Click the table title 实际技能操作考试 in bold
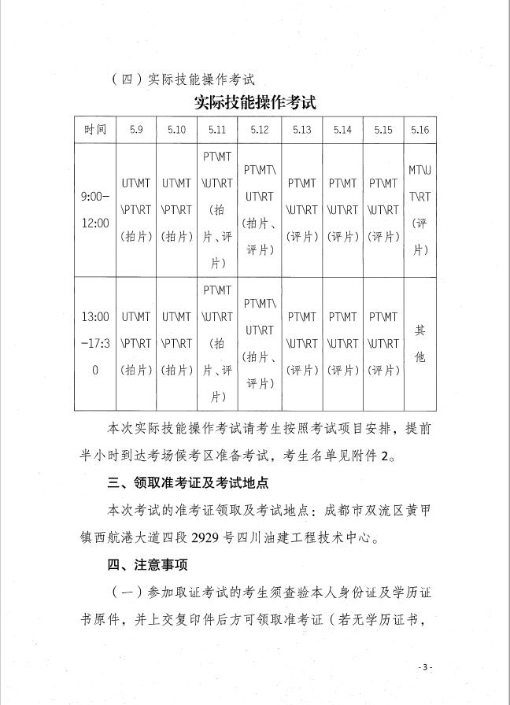[255, 104]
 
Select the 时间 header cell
[95, 130]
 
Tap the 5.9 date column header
[136, 130]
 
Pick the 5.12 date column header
[260, 130]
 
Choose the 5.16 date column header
[419, 130]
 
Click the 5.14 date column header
[342, 130]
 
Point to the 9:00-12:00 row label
[95, 210]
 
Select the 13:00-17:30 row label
[95, 344]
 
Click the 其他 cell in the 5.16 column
[419, 344]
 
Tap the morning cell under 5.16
[419, 210]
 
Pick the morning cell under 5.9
[136, 210]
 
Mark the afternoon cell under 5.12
[260, 344]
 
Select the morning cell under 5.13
[301, 210]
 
